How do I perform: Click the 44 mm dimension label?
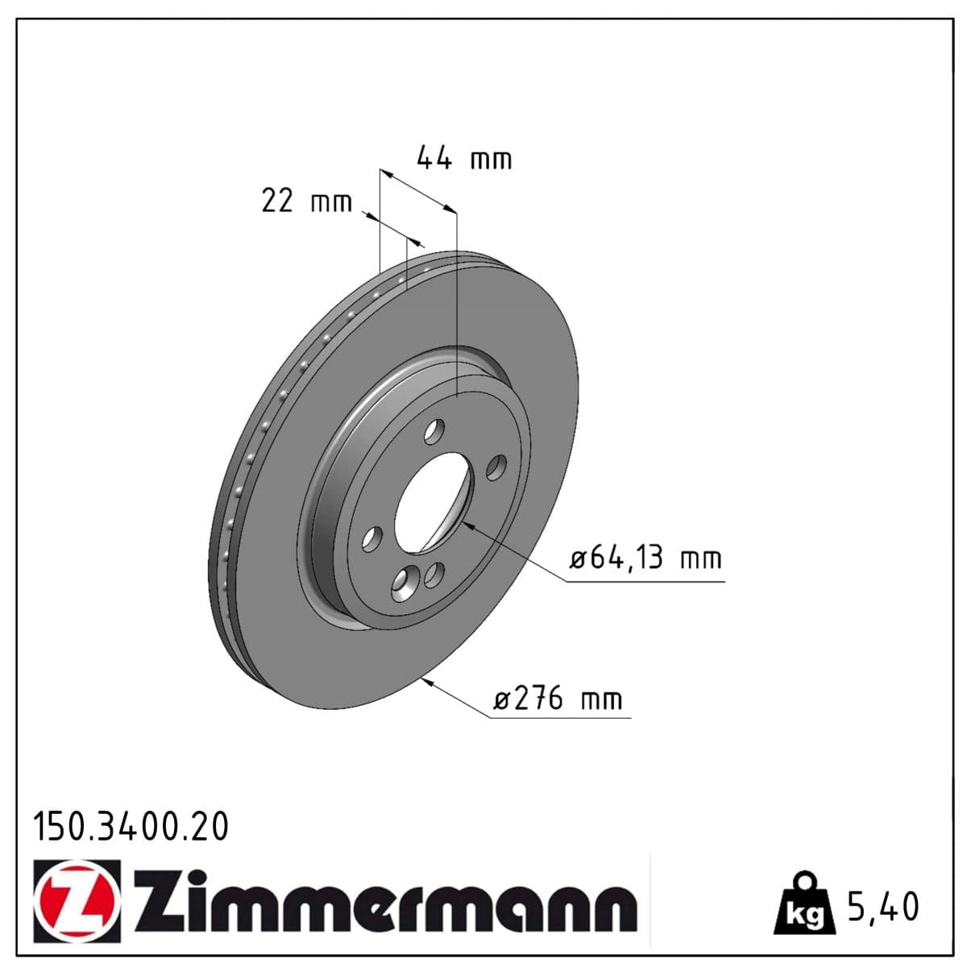[x=463, y=159]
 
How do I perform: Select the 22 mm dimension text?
[x=306, y=201]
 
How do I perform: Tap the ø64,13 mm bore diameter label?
[x=645, y=558]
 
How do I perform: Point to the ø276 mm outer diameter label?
[x=558, y=698]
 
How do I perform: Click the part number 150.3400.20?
[x=130, y=828]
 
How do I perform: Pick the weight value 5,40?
[x=882, y=907]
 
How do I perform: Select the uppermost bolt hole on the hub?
[x=435, y=430]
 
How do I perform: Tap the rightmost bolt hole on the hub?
[x=496, y=467]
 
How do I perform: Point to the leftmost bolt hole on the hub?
[x=371, y=539]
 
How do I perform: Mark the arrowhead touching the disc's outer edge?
[x=428, y=682]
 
